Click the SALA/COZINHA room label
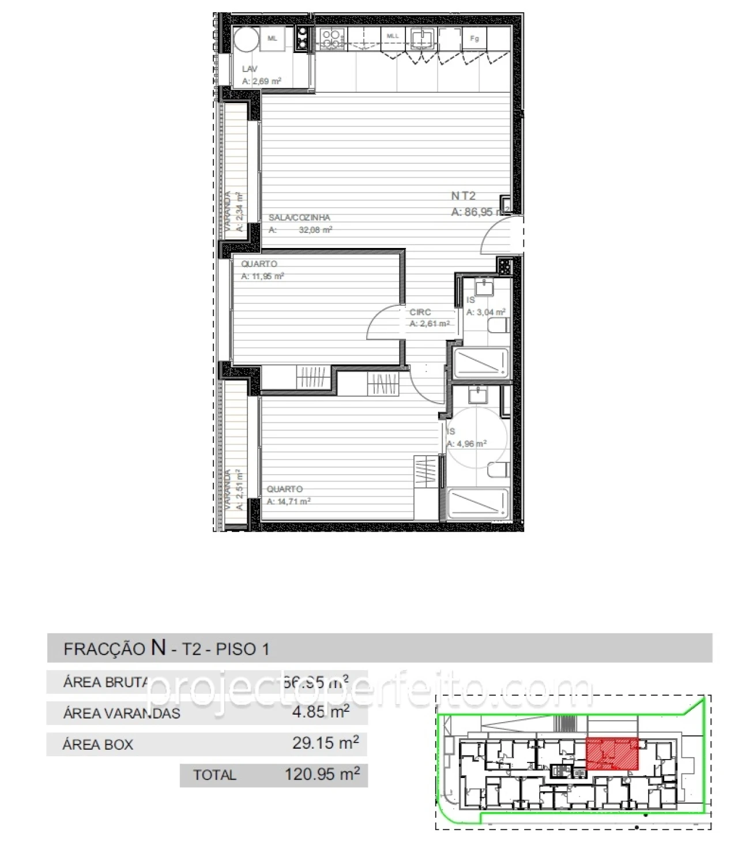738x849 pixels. click(299, 217)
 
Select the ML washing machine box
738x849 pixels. click(273, 39)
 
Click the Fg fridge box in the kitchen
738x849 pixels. click(475, 39)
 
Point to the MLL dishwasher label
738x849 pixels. click(393, 36)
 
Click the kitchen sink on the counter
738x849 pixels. click(423, 37)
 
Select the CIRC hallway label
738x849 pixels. click(420, 312)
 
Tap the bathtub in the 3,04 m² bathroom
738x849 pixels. click(481, 363)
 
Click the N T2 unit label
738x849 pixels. click(464, 196)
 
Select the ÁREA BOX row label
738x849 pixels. click(98, 744)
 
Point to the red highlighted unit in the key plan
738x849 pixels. click(612, 753)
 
